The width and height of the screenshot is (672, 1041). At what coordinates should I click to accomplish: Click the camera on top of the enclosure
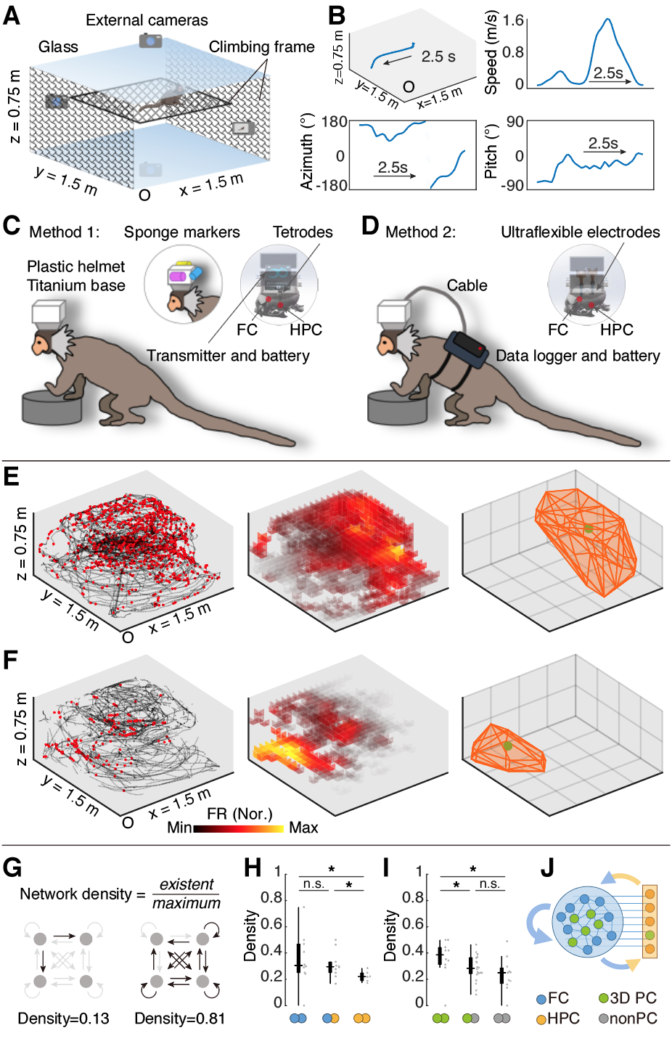[150, 41]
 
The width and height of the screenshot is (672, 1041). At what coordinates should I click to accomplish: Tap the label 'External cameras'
[147, 20]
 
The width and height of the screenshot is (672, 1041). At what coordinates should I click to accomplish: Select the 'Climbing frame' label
[262, 47]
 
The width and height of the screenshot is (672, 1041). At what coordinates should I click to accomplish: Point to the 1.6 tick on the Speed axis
[513, 21]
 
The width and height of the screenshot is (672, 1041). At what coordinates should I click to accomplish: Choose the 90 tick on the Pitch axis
[515, 122]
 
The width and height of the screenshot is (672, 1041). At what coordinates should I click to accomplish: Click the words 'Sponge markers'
[181, 232]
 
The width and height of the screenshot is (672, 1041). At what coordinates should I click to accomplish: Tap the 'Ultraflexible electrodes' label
[581, 232]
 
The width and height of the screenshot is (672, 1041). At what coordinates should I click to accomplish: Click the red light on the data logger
[480, 348]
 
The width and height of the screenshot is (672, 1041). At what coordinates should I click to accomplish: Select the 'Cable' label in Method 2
[467, 285]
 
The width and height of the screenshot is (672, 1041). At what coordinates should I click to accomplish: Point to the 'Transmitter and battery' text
[228, 356]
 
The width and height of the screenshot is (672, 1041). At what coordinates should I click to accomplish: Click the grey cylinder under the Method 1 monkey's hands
[52, 407]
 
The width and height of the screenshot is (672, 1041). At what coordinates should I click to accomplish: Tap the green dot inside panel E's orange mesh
[589, 528]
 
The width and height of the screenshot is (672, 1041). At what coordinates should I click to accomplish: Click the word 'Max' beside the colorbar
[303, 828]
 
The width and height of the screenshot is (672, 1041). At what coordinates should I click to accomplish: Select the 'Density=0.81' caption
[180, 1018]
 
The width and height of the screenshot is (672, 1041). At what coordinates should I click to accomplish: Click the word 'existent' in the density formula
[187, 884]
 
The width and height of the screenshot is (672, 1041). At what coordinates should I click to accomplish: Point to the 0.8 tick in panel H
[271, 898]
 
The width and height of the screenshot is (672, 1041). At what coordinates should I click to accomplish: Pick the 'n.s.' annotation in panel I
[489, 883]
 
